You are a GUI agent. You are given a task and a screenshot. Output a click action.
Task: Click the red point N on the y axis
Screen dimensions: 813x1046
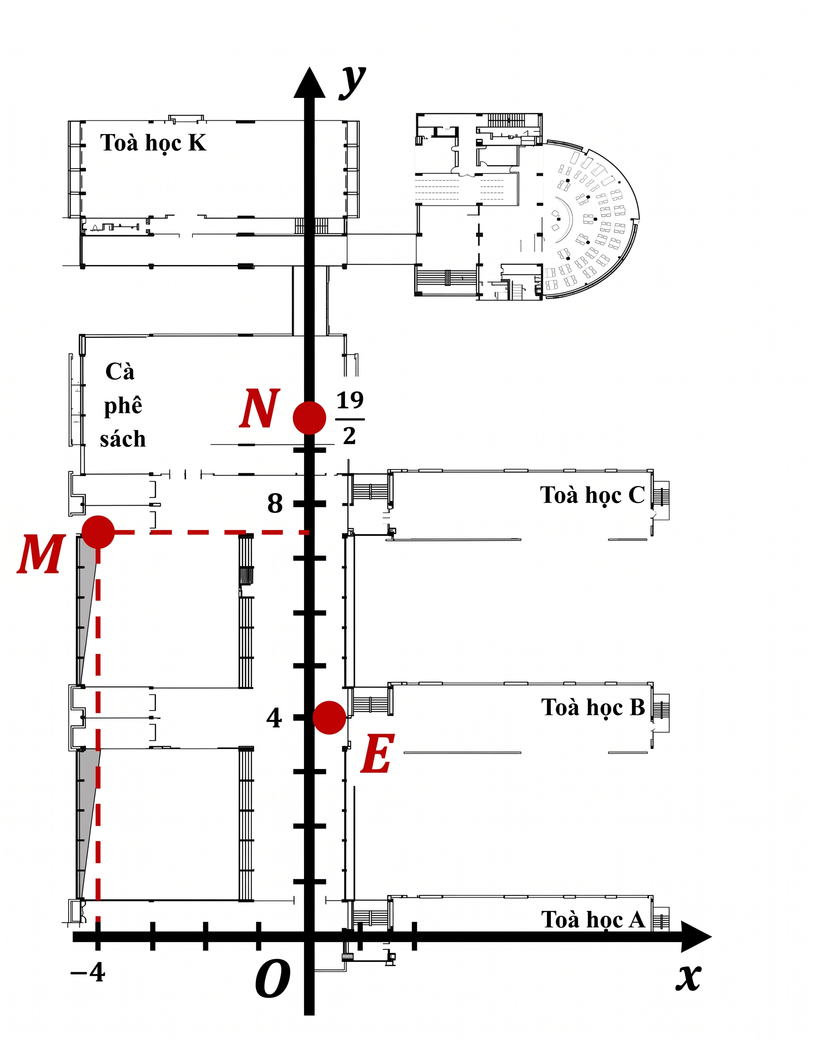pos(309,417)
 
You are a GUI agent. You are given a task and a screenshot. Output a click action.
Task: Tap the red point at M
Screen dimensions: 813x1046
pos(98,532)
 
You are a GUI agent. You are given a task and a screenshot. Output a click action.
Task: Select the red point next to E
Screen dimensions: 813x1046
pos(329,717)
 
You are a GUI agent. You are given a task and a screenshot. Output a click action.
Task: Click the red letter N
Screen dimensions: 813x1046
pos(260,408)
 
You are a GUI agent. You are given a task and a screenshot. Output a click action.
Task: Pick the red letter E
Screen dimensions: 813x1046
pos(378,754)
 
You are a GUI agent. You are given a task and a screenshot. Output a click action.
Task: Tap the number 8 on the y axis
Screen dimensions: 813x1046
pos(275,503)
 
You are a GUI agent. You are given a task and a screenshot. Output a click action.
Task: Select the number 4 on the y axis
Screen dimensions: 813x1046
pos(274,718)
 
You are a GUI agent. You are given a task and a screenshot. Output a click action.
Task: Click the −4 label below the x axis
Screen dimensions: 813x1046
pos(88,972)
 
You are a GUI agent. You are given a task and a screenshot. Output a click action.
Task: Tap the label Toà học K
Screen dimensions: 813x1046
pos(153,143)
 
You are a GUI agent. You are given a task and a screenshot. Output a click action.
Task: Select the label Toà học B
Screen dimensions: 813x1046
pos(593,708)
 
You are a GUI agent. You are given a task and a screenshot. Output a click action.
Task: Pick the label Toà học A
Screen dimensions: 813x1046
pos(593,920)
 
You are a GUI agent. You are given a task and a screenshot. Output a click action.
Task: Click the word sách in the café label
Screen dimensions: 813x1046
pos(123,439)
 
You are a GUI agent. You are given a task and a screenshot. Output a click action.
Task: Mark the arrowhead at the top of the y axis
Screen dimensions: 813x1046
pos(309,82)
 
